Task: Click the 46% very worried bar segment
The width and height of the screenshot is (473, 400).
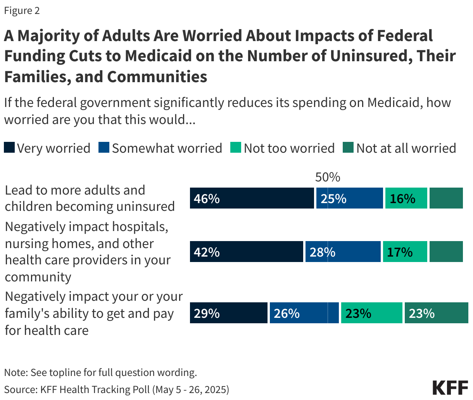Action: (252, 198)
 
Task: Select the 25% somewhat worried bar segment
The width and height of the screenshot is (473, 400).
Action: (349, 198)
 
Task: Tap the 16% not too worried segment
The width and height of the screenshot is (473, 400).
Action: (406, 198)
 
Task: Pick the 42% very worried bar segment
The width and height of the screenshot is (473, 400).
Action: (246, 252)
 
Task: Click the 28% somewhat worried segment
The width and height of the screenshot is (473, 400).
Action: (343, 252)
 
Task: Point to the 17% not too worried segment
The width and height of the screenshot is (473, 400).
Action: (405, 252)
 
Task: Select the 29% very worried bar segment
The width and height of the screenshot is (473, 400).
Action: (228, 313)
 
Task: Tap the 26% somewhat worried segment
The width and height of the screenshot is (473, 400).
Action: (304, 313)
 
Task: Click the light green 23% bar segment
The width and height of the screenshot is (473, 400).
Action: (371, 313)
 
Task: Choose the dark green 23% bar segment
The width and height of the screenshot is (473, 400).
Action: (436, 313)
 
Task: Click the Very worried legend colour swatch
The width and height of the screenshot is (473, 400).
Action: (9, 148)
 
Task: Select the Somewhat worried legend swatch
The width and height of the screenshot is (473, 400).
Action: (104, 148)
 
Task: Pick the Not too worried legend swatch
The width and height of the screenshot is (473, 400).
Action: (236, 148)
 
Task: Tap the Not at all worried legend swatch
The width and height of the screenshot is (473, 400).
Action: (348, 148)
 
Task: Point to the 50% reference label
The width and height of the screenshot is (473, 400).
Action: (328, 177)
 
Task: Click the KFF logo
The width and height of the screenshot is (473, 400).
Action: (450, 388)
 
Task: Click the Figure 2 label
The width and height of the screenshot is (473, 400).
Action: (22, 10)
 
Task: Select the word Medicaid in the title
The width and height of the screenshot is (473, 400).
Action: (158, 56)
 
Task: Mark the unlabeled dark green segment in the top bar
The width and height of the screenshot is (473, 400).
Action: (446, 198)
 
